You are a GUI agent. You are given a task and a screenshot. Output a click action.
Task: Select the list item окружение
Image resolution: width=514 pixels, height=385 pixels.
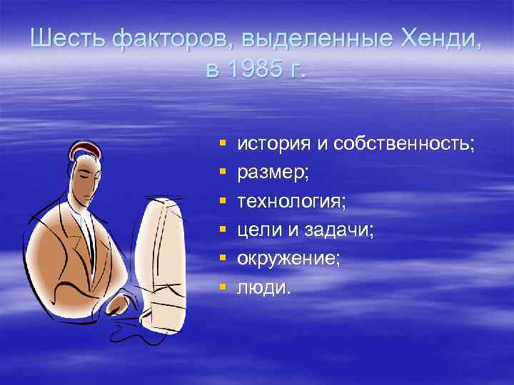(288, 260)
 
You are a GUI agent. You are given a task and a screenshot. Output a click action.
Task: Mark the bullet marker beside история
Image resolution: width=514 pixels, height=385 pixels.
(223, 144)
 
